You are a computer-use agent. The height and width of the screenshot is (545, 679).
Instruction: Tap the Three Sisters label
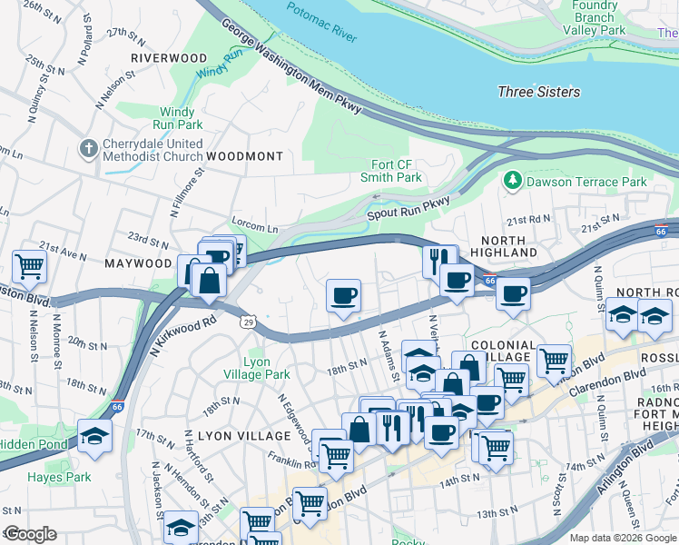point(538,92)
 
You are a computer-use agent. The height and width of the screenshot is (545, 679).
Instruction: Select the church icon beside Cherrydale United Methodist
point(89,148)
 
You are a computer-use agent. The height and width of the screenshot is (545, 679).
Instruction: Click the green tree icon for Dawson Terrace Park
point(513,182)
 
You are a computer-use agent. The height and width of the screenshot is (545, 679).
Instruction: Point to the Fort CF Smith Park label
point(397,171)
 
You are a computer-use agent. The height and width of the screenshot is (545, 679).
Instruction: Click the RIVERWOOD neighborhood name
point(169,57)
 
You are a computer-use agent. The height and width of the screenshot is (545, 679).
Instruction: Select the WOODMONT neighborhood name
point(244,156)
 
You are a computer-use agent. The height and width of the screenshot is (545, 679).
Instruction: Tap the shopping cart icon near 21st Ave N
point(30,266)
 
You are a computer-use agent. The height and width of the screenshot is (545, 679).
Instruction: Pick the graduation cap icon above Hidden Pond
point(95,435)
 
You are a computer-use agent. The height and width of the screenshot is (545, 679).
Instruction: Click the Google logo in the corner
point(29,534)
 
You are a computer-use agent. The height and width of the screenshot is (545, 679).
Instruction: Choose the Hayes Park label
point(59,476)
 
